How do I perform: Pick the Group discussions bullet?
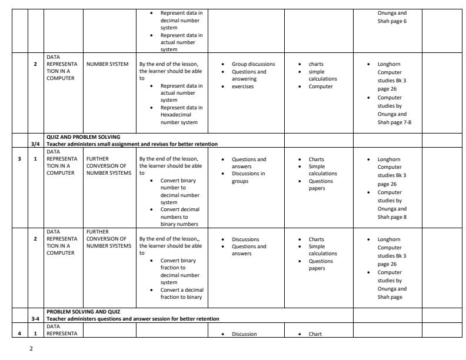pos(253,64)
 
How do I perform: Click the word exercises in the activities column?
pos(243,86)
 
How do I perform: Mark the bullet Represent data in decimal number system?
pos(181,20)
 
